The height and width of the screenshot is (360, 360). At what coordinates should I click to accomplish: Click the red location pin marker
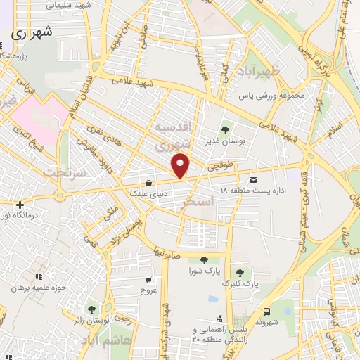click(x=181, y=165)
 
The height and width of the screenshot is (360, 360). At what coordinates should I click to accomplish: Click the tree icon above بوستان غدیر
click(x=226, y=129)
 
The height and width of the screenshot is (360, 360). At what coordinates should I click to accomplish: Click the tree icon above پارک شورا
click(x=204, y=260)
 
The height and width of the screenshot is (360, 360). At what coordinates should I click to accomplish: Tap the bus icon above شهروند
click(x=266, y=311)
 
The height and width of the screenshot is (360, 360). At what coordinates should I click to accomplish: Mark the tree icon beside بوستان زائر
click(x=91, y=309)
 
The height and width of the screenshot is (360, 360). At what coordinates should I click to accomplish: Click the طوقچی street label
click(x=219, y=167)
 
